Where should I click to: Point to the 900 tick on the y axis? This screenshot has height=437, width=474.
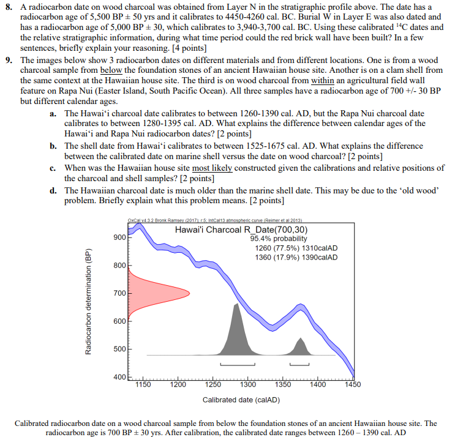click(x=119, y=237)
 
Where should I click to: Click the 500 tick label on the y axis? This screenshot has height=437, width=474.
click(x=119, y=349)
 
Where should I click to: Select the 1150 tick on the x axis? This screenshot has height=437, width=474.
click(x=143, y=385)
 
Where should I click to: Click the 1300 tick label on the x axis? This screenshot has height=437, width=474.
click(x=248, y=385)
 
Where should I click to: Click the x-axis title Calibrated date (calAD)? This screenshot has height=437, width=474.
click(x=241, y=400)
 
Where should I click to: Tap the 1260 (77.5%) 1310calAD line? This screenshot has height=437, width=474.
click(x=296, y=248)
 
